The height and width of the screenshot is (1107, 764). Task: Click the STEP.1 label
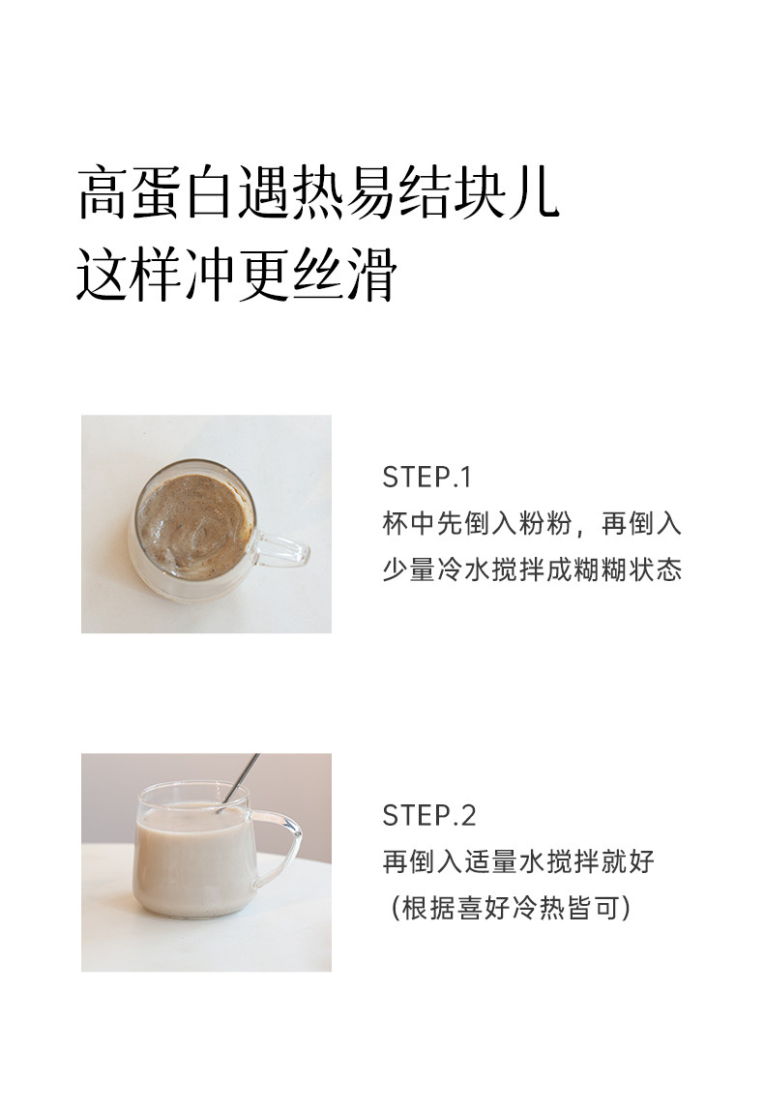point(426,478)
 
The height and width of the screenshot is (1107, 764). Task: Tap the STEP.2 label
point(429,815)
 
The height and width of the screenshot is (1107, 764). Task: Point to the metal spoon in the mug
point(239,779)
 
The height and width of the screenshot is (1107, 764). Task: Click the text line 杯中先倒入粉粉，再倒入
point(532,524)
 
